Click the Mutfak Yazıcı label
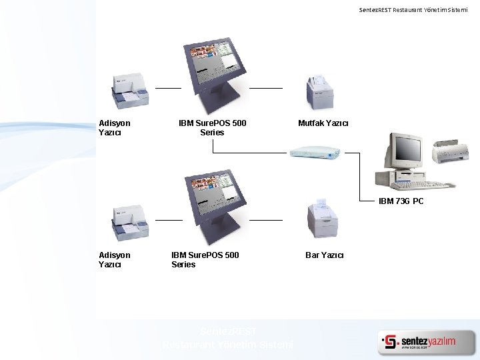click(x=323, y=123)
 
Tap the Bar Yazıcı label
click(x=325, y=255)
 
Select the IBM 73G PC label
click(x=401, y=201)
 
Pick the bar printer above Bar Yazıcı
click(x=323, y=219)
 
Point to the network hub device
click(x=315, y=152)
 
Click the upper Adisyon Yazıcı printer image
click(x=129, y=91)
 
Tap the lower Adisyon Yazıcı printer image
click(x=131, y=223)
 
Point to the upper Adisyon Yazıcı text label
click(x=114, y=127)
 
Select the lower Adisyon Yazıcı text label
click(x=114, y=260)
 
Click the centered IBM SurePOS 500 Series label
click(x=212, y=127)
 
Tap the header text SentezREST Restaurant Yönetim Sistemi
click(x=418, y=10)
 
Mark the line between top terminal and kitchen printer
click(x=265, y=88)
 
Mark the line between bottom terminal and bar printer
click(x=265, y=219)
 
